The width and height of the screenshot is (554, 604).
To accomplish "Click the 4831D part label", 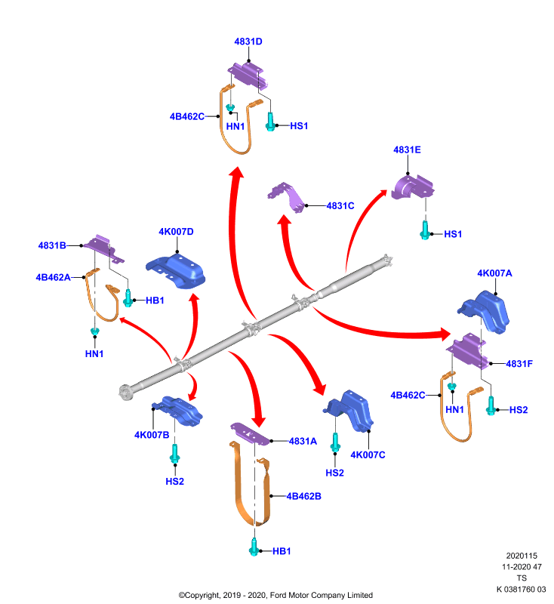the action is coord(248,42).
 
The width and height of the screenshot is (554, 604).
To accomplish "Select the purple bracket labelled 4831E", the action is coord(412,187).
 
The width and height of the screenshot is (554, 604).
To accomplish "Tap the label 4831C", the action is coord(340,206).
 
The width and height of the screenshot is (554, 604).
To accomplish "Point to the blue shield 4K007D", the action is coord(176,270).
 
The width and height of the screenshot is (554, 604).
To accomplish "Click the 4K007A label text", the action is coord(494,273).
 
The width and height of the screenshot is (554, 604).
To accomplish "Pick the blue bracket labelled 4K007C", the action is coord(349,411).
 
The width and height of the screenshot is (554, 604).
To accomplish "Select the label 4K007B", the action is coord(152,436).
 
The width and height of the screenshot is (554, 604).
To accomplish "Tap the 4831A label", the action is coord(303,442).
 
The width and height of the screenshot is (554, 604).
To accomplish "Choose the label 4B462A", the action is coord(53,278).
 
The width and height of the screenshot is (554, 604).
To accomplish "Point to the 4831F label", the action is coord(519,364).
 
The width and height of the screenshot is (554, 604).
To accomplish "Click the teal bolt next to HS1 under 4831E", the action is coord(425,230).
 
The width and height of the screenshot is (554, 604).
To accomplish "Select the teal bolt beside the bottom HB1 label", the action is coord(254,547).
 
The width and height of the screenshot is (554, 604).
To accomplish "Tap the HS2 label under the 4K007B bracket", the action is coord(175,482).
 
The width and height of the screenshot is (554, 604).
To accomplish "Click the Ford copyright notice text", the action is coord(275,596).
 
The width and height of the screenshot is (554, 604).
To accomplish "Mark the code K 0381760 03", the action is coord(522,590).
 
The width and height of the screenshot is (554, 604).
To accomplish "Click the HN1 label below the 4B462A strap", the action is coord(94,354).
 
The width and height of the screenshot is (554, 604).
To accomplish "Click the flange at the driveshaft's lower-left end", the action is coord(125,393).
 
